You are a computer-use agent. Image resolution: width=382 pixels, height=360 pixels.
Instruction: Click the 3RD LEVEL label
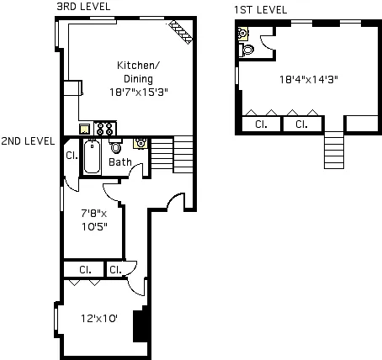(x=82, y=7)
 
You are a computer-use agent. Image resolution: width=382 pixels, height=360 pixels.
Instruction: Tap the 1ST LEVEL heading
(x=261, y=10)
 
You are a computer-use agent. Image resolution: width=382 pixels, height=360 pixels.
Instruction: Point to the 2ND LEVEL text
(x=28, y=140)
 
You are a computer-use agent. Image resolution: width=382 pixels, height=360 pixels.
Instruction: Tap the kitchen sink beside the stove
(x=86, y=130)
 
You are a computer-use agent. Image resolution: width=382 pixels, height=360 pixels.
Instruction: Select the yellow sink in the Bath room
(x=141, y=143)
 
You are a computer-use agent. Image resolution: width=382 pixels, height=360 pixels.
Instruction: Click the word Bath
(x=120, y=162)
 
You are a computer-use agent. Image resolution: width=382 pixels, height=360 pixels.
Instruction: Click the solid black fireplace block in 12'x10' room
(x=141, y=323)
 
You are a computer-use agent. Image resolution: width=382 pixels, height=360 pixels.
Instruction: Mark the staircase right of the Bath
(x=183, y=154)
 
